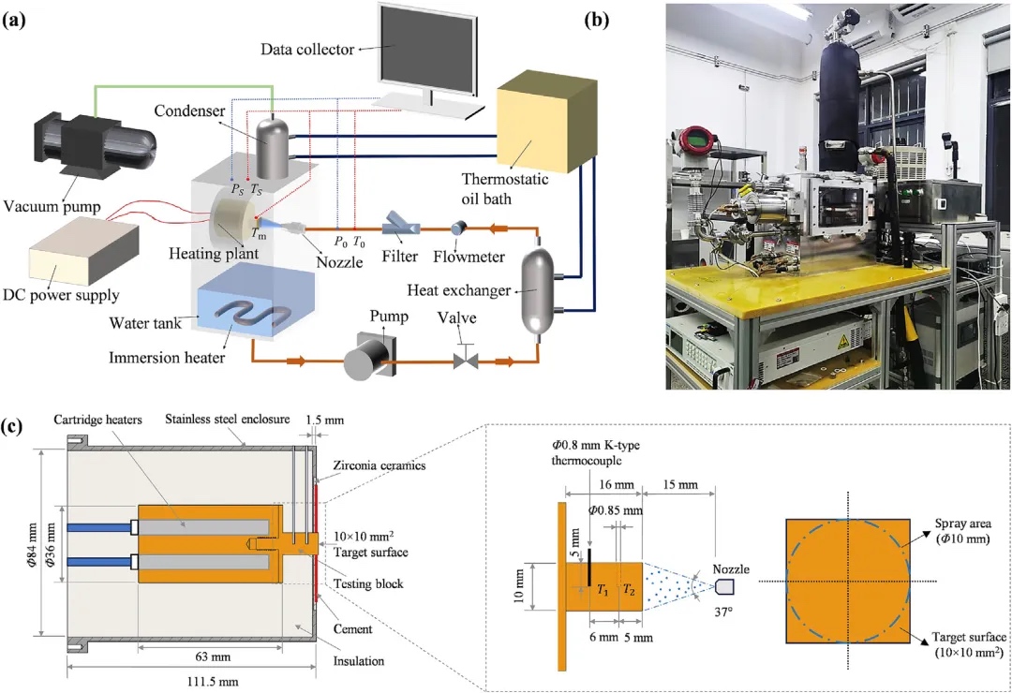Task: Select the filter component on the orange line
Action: coord(401,227)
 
